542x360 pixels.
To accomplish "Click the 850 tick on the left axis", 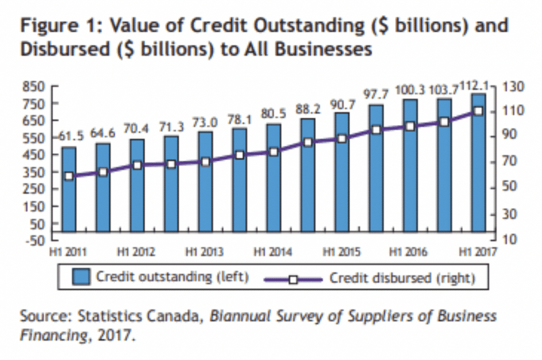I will pos(34,87).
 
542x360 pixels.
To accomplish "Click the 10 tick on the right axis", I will pos(508,240).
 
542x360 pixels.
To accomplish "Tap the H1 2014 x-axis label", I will pos(273,253).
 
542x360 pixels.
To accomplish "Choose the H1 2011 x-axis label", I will pos(68,253).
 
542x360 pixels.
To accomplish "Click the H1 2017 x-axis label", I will pos(477,253).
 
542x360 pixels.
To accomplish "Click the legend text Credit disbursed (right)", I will pos(402,278).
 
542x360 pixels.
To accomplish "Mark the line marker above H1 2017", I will pos(478,112).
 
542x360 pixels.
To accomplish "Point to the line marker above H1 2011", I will pos(69,176).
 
